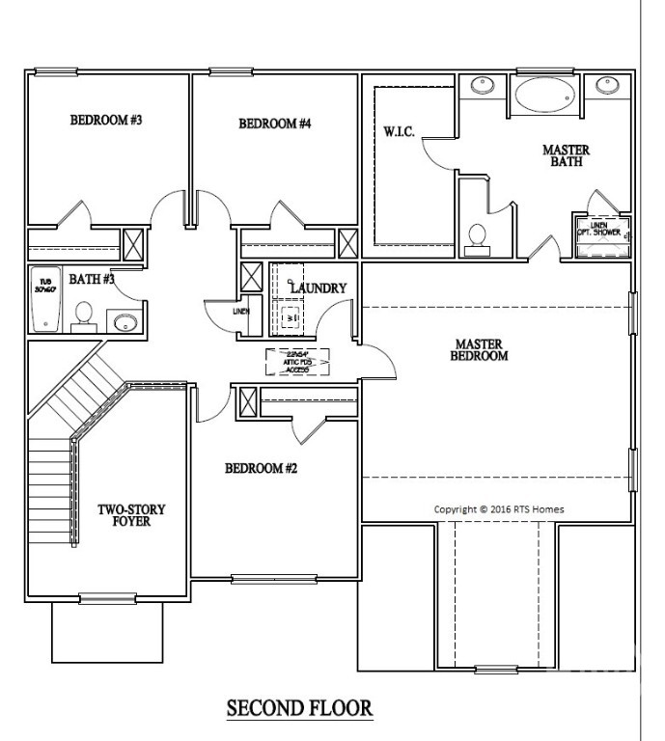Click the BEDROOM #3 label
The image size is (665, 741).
click(x=106, y=121)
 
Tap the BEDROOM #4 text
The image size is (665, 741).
click(x=275, y=123)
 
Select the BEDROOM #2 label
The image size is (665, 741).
click(x=261, y=469)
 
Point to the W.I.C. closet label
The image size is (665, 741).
click(x=399, y=131)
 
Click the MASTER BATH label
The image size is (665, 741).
click(x=566, y=156)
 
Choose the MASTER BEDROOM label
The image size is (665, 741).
click(x=481, y=349)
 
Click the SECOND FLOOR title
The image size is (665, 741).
click(x=299, y=708)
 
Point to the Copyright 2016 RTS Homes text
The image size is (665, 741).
click(x=499, y=509)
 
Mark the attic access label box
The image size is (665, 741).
click(x=298, y=361)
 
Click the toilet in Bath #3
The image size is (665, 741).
click(x=84, y=315)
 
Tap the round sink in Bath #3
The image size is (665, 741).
click(x=124, y=321)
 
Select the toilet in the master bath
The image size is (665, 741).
click(x=477, y=237)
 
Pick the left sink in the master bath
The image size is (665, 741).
click(x=483, y=85)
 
